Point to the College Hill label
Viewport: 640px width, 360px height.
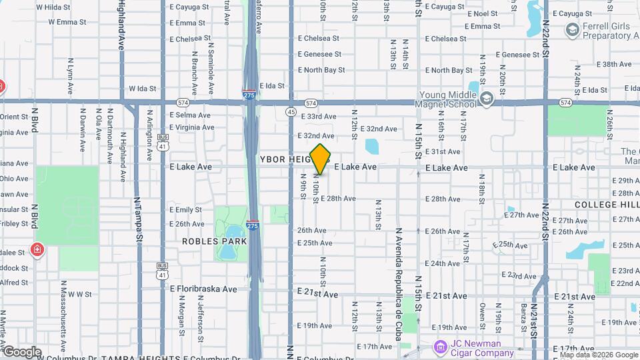click(606, 204)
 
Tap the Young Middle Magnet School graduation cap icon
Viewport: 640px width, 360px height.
click(487, 99)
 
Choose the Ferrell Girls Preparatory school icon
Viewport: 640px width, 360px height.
click(571, 29)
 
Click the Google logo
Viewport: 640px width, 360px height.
click(21, 351)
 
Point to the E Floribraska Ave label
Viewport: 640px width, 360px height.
click(203, 289)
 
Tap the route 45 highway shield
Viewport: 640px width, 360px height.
click(291, 112)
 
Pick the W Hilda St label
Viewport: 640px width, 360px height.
click(53, 7)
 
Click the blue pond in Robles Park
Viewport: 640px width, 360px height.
click(228, 251)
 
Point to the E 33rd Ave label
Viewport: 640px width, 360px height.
click(318, 117)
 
